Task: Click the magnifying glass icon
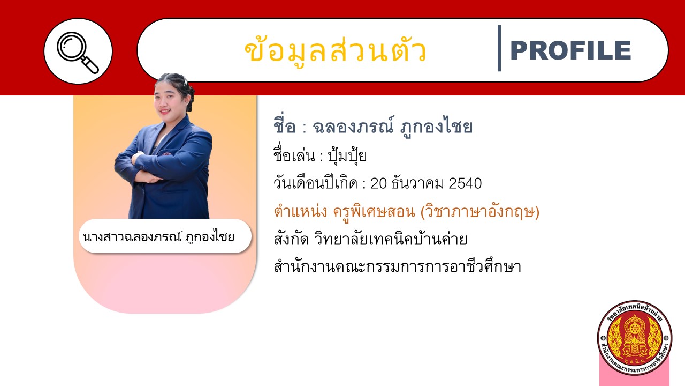tap(78, 53)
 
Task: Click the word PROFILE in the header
tap(570, 50)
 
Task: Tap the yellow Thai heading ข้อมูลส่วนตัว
tap(336, 50)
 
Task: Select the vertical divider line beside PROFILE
tap(499, 48)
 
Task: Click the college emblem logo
tap(635, 338)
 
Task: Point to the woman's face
tap(168, 98)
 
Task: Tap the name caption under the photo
tap(158, 237)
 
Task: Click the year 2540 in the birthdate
tap(465, 183)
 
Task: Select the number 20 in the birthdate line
tap(379, 183)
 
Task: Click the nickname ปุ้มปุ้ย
tap(347, 155)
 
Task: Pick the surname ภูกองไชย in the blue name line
tap(436, 127)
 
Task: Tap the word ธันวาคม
tap(418, 183)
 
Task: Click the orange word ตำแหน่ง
tap(301, 211)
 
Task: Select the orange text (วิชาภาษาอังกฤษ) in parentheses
tap(480, 211)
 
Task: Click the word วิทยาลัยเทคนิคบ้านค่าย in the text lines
tap(391, 239)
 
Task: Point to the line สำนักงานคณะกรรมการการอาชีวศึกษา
tap(398, 266)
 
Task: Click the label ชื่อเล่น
tap(294, 155)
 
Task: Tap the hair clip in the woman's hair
tap(186, 81)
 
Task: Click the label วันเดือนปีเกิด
tap(316, 183)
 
